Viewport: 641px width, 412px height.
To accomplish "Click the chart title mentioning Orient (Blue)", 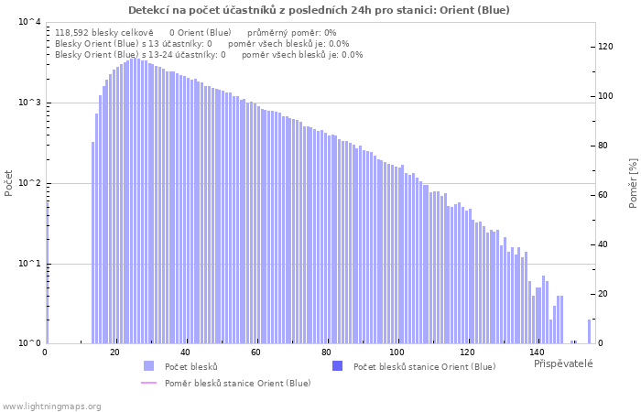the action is [x=319, y=10].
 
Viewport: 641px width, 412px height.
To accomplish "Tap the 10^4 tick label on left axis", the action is [x=30, y=22].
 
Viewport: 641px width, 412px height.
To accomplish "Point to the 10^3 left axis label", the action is [x=30, y=103].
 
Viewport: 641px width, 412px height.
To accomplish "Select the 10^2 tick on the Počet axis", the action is [x=30, y=183].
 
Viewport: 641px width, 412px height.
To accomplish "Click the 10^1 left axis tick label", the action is [x=30, y=264].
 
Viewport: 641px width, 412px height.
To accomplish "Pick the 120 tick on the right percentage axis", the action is [x=605, y=47].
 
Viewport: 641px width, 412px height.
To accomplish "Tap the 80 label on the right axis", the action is [x=603, y=146].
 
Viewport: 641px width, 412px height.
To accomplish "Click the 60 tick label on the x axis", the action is [x=255, y=352].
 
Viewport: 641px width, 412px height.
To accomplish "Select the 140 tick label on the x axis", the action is [x=538, y=352].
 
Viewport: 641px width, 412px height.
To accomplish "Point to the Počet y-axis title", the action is [x=8, y=183].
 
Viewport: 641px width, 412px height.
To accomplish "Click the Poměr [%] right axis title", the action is [x=633, y=183].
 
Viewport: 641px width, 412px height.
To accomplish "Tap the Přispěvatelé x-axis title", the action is [x=563, y=363].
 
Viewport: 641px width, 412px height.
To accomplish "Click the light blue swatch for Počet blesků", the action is [x=148, y=366].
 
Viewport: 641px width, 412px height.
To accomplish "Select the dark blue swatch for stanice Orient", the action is [x=337, y=366].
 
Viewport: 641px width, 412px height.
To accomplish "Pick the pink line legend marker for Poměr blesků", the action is [x=148, y=383].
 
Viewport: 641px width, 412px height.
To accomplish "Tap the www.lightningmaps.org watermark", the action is [x=51, y=407].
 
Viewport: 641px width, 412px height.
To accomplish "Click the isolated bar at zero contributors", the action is [x=47, y=273].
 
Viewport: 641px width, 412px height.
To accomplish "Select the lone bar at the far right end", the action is [x=590, y=331].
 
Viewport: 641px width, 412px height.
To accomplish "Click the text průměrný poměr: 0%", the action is [x=292, y=33].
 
